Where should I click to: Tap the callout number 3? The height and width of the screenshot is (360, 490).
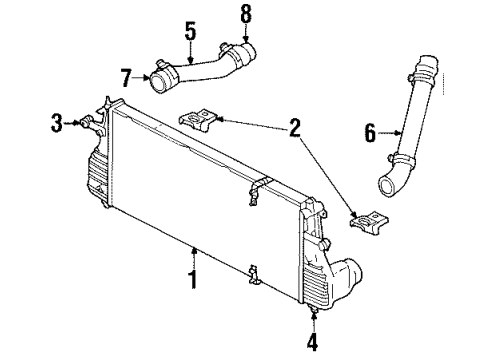57,124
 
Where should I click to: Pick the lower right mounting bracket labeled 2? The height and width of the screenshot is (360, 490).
368,217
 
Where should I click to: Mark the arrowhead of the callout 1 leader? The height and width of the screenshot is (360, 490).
193,248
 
